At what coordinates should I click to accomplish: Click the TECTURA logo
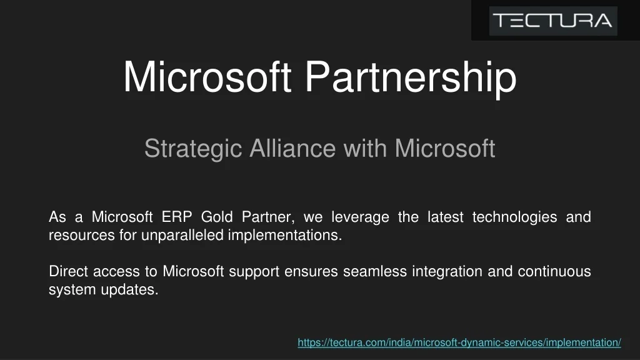pyautogui.click(x=553, y=21)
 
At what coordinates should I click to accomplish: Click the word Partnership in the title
pyautogui.click(x=411, y=77)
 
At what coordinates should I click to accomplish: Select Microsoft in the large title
pyautogui.click(x=207, y=77)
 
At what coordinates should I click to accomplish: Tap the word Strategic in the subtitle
pyautogui.click(x=193, y=149)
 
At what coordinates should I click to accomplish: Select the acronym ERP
pyautogui.click(x=177, y=217)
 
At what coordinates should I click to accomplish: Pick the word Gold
pyautogui.click(x=217, y=217)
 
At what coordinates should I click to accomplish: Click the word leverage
pyautogui.click(x=360, y=217)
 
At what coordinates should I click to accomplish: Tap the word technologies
pyautogui.click(x=514, y=217)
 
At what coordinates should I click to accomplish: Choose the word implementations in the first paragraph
pyautogui.click(x=284, y=236)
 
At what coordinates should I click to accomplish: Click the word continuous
pyautogui.click(x=554, y=271)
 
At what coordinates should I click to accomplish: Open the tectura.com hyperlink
pyautogui.click(x=459, y=342)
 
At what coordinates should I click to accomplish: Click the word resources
pyautogui.click(x=82, y=236)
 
